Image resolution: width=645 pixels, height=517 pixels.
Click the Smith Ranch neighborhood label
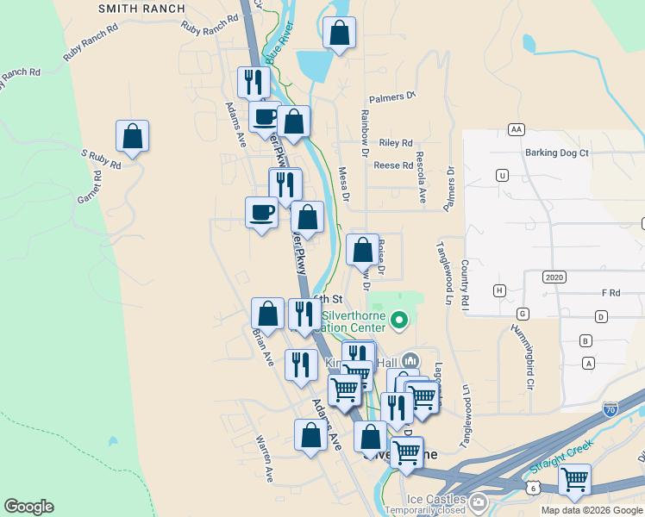point(141,9)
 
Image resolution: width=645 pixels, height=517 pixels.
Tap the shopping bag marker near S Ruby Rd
point(132,136)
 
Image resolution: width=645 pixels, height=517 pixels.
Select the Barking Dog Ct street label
point(556,153)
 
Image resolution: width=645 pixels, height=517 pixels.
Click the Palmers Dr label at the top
point(392,97)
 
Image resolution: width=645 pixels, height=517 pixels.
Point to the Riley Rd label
point(396,143)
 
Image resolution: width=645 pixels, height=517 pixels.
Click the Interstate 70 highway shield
point(611,408)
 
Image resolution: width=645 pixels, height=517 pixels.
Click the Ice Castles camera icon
point(479,501)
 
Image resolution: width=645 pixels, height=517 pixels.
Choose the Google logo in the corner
point(28,507)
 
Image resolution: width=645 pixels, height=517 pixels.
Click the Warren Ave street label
point(264,458)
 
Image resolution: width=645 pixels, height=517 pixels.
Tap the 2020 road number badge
point(554,277)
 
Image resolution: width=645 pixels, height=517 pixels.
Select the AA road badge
point(517,129)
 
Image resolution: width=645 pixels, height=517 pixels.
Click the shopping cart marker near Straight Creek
point(574,479)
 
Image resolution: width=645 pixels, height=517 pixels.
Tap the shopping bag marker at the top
point(340,34)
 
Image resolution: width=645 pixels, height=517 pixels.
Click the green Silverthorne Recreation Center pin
point(398,322)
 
